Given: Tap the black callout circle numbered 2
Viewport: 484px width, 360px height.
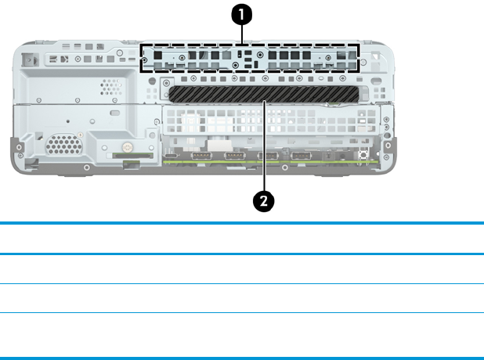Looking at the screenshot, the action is click(x=265, y=200).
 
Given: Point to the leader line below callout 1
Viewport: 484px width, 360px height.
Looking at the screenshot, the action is click(x=244, y=34).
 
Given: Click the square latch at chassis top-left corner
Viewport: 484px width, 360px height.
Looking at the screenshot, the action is click(x=30, y=58).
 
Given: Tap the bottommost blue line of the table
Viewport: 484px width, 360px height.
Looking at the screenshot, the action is click(x=242, y=358).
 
